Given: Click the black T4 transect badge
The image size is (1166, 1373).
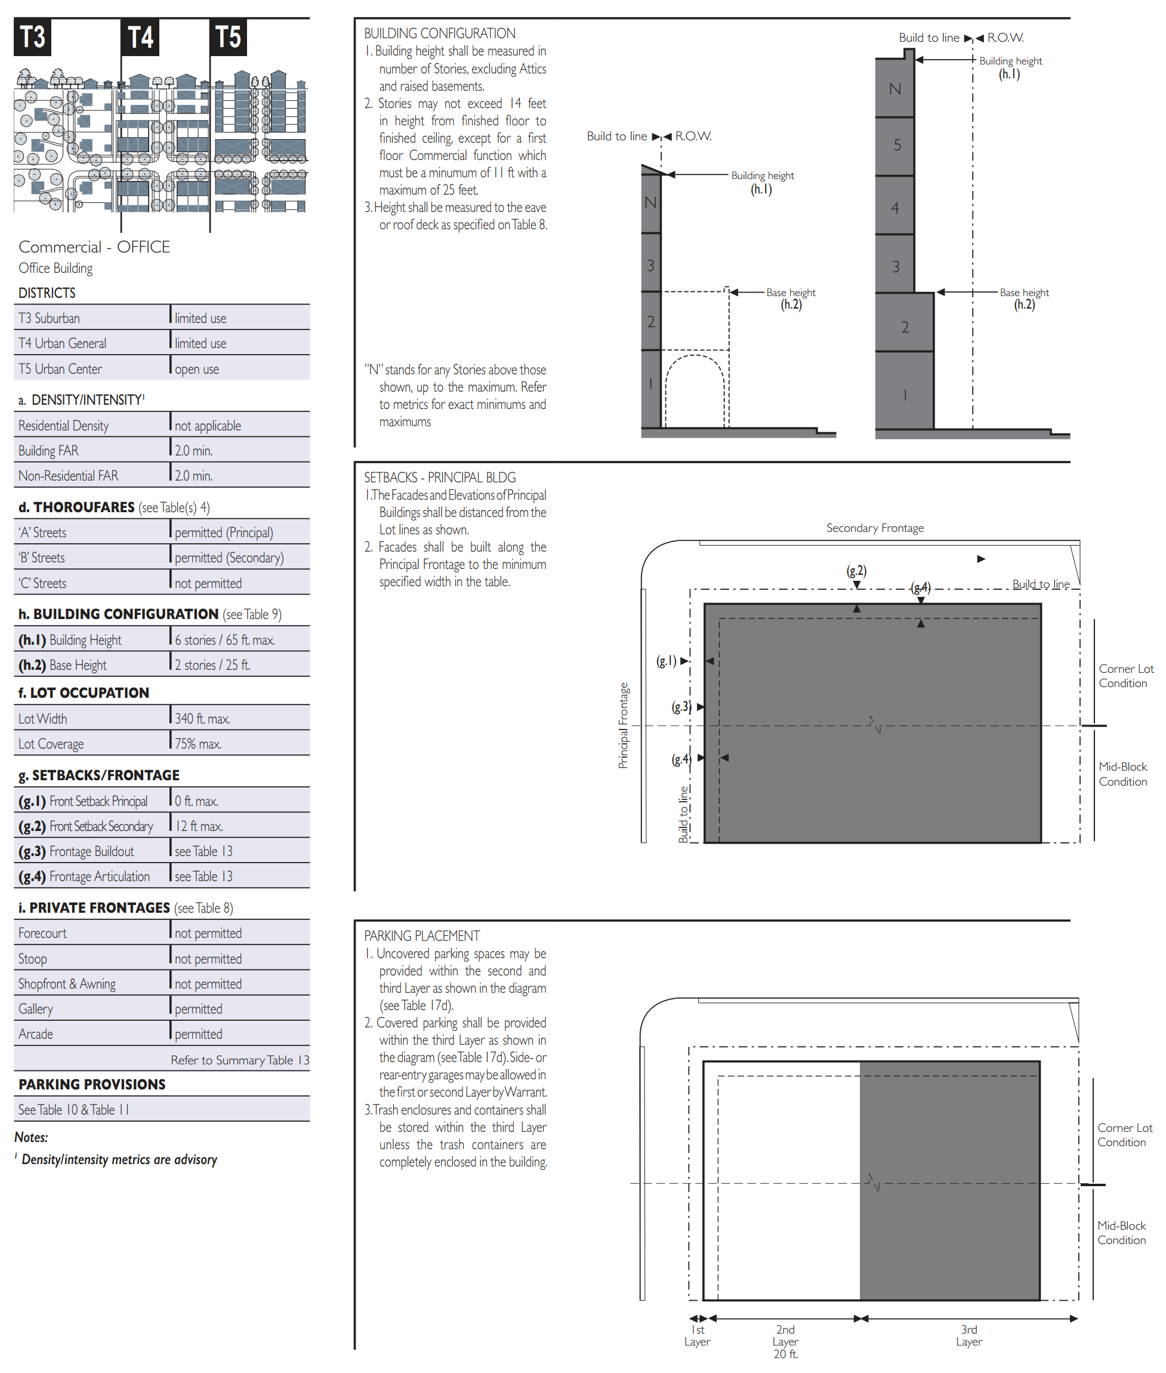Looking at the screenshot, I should (x=140, y=37).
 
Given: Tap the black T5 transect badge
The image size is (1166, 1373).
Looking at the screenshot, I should (x=228, y=37).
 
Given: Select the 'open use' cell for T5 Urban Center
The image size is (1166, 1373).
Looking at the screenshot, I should (x=196, y=369).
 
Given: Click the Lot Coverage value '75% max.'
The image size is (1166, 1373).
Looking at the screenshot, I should (x=198, y=743).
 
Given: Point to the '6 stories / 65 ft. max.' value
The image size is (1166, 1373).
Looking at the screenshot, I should (x=225, y=639).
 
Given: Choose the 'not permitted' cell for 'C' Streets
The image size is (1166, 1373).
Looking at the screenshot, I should (x=208, y=583).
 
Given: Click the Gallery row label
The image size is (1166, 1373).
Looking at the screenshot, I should (x=36, y=1009).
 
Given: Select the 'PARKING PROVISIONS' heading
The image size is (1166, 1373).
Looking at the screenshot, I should (x=92, y=1084).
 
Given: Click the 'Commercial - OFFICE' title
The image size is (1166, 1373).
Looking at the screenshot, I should (x=94, y=247).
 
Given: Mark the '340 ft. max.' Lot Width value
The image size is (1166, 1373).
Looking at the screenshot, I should (x=202, y=718).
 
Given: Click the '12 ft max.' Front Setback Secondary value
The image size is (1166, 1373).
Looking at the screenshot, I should (x=199, y=826).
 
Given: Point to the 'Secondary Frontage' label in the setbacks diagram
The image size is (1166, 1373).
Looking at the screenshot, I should (x=875, y=528).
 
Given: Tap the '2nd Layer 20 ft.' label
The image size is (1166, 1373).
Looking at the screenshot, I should (x=785, y=1341).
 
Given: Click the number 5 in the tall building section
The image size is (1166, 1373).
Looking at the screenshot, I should (x=897, y=145).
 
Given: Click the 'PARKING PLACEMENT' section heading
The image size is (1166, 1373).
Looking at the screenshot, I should (x=422, y=936).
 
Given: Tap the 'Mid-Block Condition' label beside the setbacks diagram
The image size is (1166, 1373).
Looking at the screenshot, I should (x=1122, y=774).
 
